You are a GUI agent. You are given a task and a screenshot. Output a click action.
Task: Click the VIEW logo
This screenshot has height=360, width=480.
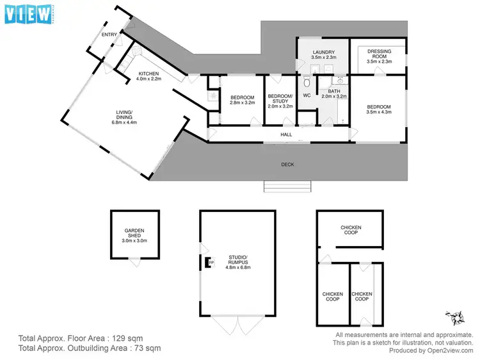pos(29,14)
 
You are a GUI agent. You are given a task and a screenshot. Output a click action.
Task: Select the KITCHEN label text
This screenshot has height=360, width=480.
pos(149,74)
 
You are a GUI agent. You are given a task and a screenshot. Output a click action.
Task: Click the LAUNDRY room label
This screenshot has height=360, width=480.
pos(323,52)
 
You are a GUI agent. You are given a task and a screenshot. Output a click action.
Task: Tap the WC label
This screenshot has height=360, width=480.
pos(306,95)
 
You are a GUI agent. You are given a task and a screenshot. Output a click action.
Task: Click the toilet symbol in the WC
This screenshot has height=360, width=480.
pos(307,82)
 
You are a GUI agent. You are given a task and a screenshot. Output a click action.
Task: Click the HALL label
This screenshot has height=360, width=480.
pos(287,135)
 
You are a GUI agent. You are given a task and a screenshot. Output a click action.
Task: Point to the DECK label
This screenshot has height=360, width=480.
pos(287,165)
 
